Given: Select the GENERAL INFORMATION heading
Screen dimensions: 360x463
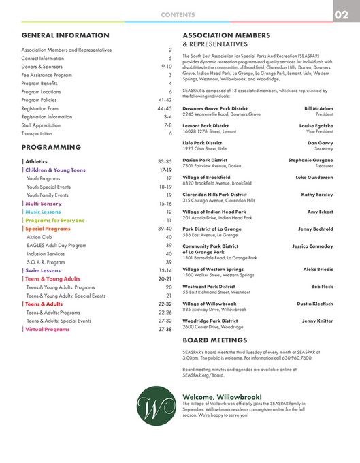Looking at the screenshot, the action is click(x=65, y=35).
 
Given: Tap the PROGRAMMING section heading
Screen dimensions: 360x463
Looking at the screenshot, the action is click(x=52, y=147).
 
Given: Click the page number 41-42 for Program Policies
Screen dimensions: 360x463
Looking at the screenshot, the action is click(x=165, y=99).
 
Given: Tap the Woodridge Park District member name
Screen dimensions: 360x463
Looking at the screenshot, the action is click(x=210, y=320).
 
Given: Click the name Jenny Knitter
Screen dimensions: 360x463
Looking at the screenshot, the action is click(x=318, y=320).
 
